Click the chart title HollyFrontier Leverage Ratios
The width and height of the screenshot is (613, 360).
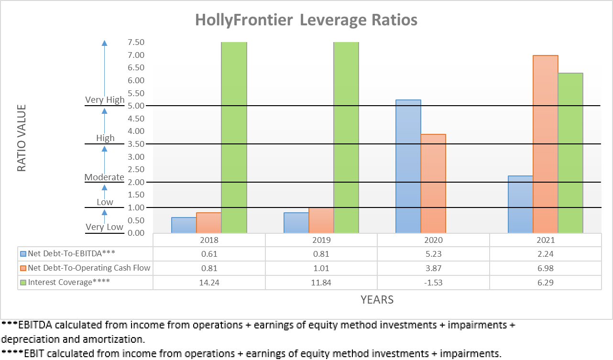coord(306,20)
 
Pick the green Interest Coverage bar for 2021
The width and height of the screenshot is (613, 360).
coord(570,153)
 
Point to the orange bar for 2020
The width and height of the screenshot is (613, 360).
coord(433,184)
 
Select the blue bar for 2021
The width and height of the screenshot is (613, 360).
coord(521,204)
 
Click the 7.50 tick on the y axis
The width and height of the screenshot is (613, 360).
coord(136,42)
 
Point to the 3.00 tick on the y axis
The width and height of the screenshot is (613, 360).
coord(136,157)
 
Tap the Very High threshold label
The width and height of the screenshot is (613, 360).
coord(105,100)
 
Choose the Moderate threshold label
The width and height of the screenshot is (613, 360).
coord(104,177)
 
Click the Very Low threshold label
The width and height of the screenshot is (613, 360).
coord(105,227)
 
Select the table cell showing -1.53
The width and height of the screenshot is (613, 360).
coord(433,282)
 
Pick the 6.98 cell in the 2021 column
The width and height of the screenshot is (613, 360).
coord(545,268)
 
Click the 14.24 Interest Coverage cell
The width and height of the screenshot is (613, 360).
coord(209,282)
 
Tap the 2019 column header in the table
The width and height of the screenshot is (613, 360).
coord(321,240)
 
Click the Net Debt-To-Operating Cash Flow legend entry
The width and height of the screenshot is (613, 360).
coord(89,268)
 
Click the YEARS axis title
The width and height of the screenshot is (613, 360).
coord(377,300)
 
